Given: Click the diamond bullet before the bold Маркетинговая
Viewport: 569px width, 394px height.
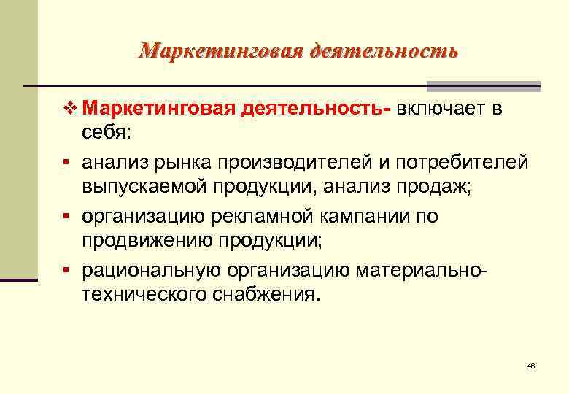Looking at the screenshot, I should [x=69, y=109].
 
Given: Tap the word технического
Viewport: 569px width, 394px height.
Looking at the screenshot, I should [x=149, y=294].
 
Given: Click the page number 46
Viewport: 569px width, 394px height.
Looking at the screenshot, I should [x=531, y=366].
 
